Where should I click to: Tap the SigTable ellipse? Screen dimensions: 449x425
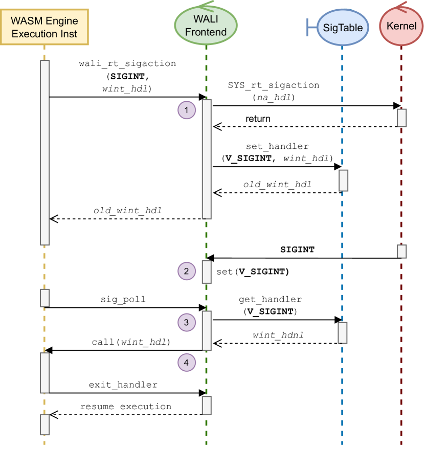pyautogui.click(x=342, y=28)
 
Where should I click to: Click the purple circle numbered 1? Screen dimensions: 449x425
pyautogui.click(x=187, y=110)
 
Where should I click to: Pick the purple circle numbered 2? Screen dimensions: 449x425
pyautogui.click(x=187, y=271)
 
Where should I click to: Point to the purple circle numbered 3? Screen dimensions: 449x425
pyautogui.click(x=187, y=322)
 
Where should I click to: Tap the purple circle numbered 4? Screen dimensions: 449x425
pyautogui.click(x=187, y=363)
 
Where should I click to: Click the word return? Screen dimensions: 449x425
pyautogui.click(x=258, y=119)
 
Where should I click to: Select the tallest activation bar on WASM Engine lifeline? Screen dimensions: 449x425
pyautogui.click(x=45, y=152)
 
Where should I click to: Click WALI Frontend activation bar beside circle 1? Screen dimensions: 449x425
pyautogui.click(x=207, y=159)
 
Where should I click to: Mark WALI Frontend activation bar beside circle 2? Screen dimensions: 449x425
pyautogui.click(x=207, y=272)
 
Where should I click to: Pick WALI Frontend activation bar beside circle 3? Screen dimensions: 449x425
pyautogui.click(x=207, y=330)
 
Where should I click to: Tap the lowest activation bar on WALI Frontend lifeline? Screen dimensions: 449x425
pyautogui.click(x=207, y=405)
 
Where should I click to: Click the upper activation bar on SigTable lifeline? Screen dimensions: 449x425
pyautogui.click(x=343, y=181)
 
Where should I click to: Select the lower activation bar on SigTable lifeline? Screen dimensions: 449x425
pyautogui.click(x=343, y=332)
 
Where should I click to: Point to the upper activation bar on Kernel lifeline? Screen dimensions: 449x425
pyautogui.click(x=402, y=118)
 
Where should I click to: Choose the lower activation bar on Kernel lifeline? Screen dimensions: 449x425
pyautogui.click(x=402, y=251)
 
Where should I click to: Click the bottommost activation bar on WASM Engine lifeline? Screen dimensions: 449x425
pyautogui.click(x=45, y=424)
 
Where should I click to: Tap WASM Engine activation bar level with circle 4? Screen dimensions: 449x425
pyautogui.click(x=45, y=372)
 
